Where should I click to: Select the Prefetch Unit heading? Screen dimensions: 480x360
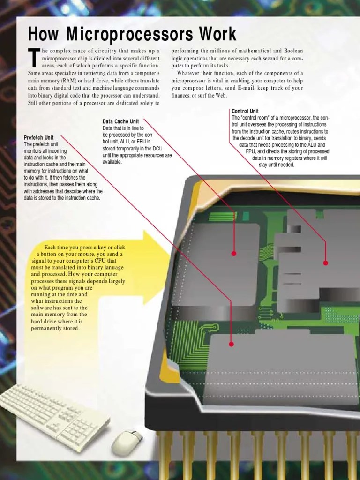pos(38,137)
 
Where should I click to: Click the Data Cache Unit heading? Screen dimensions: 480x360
pos(120,121)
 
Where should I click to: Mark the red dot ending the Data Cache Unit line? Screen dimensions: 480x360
pos(233,253)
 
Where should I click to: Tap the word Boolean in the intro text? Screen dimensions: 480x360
pos(291,51)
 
